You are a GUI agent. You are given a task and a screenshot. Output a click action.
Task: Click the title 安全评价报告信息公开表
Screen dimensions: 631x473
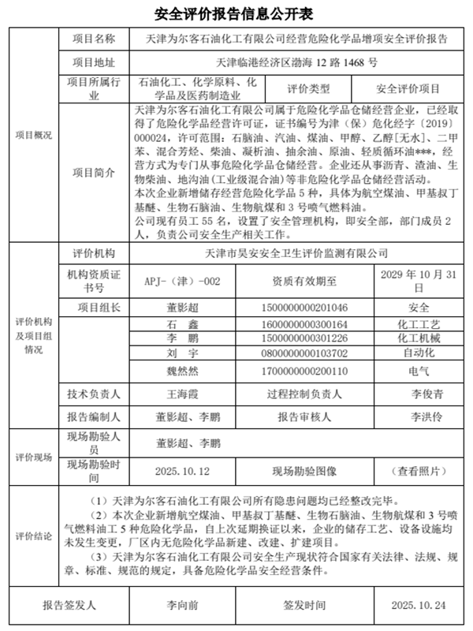pos(236,14)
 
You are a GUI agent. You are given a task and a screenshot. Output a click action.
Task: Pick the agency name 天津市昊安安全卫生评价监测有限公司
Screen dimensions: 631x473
pos(296,253)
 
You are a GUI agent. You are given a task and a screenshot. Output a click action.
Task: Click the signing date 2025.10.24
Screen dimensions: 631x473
pos(418,606)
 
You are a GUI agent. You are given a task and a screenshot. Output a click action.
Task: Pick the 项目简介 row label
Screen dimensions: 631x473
pos(94,173)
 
